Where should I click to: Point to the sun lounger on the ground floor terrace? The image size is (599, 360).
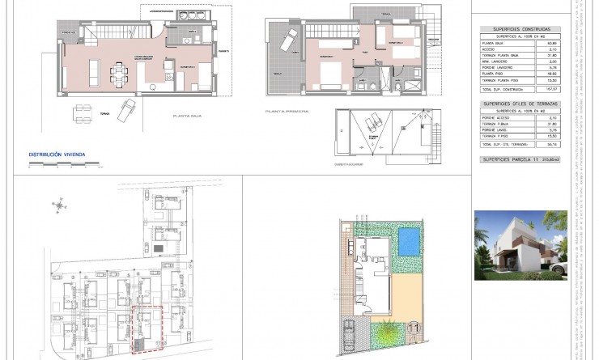click(x=126, y=110)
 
